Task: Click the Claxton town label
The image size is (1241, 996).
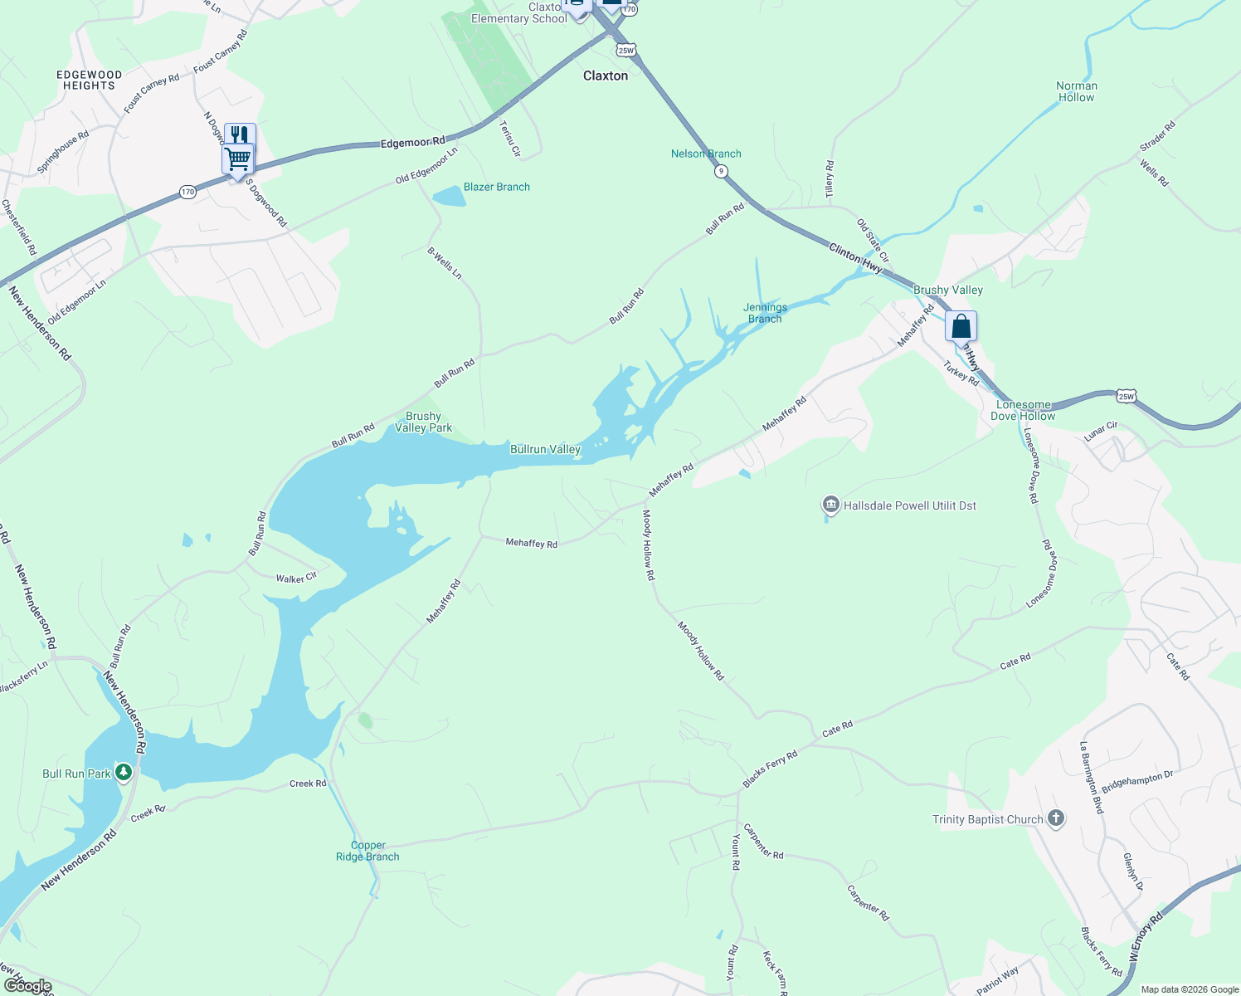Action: (606, 76)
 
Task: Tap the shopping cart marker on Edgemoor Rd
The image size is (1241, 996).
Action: (238, 158)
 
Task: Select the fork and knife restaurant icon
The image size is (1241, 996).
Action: (240, 134)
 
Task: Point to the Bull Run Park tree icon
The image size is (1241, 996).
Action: (124, 774)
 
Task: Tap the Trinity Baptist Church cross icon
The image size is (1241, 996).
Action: (1056, 819)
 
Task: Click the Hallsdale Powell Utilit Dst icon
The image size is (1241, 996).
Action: (830, 505)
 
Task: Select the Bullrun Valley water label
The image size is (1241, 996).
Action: (545, 449)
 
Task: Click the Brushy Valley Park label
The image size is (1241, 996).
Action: (423, 422)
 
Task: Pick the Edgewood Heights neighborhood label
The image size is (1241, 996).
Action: (89, 81)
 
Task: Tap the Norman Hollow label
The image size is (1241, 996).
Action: (1077, 91)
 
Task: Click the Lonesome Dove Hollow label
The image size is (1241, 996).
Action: (1024, 410)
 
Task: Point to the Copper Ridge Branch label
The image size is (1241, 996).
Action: (367, 851)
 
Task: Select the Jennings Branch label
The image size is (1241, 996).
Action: (765, 313)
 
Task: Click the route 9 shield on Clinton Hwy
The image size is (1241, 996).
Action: (722, 171)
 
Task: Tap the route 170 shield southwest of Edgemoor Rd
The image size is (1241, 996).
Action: (188, 192)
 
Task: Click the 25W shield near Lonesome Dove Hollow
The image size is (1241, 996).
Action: (1126, 396)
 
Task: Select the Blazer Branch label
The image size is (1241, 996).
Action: (496, 187)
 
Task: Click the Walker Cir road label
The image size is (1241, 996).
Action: (296, 578)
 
